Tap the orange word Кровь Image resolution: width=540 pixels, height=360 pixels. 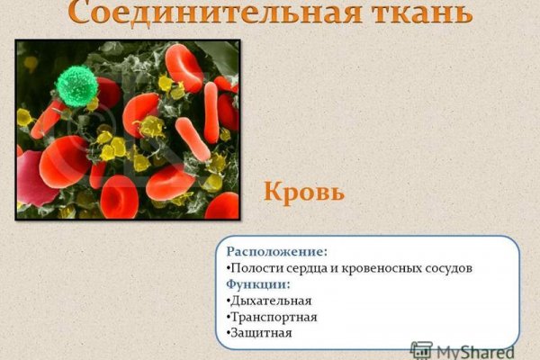[304, 192]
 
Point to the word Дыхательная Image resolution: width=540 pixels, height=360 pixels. [271, 301]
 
